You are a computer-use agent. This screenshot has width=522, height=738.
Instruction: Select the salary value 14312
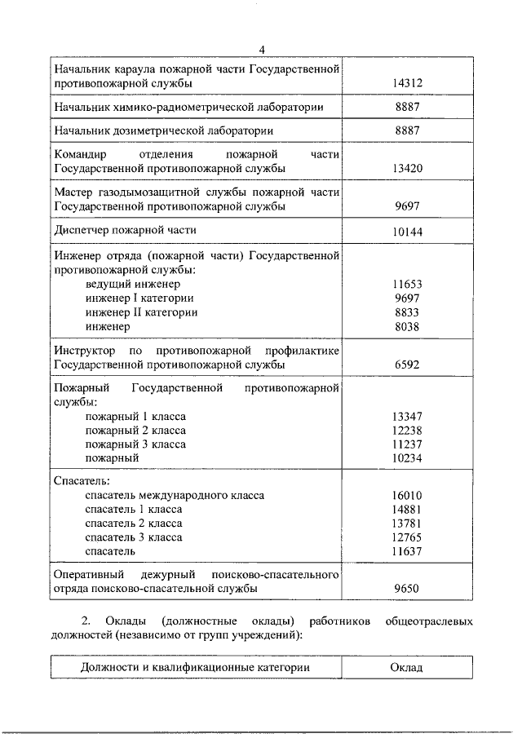point(407,83)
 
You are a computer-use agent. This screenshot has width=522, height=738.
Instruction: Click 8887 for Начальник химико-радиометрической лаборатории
point(407,107)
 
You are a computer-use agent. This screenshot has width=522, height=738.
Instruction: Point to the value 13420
point(407,168)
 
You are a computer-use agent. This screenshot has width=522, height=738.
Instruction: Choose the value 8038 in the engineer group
point(407,326)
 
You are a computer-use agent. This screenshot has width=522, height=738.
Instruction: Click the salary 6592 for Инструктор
point(407,364)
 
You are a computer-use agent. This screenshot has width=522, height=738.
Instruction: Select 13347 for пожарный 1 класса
point(407,416)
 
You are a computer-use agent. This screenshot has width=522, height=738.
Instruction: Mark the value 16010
point(407,495)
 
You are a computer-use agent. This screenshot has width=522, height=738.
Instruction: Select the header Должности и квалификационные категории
point(196,667)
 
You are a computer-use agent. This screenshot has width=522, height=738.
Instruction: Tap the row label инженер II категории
point(141,312)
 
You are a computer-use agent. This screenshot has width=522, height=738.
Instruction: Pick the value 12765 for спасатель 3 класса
point(407,537)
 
